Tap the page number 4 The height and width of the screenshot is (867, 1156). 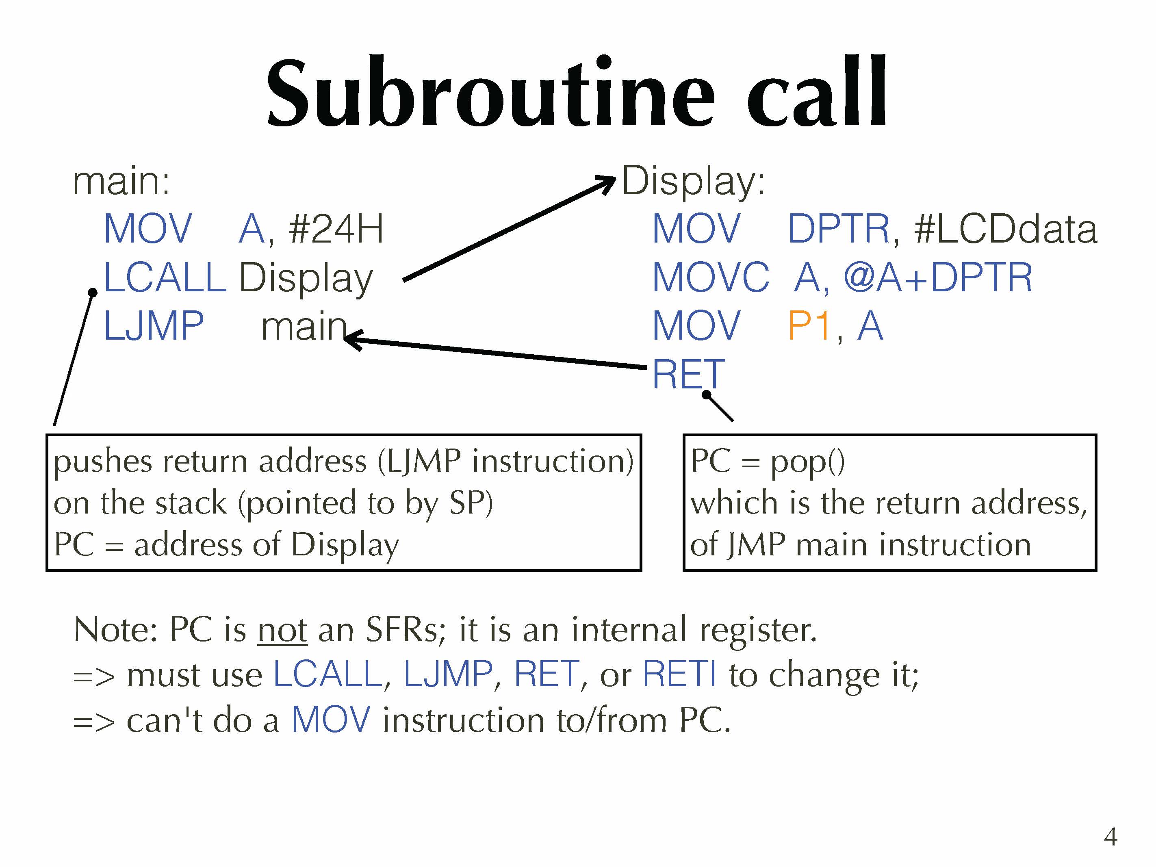[1110, 837]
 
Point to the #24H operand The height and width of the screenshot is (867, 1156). [336, 229]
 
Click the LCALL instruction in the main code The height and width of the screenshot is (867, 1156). [165, 277]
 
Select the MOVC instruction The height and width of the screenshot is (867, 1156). [711, 277]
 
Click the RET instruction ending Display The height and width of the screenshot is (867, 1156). [688, 374]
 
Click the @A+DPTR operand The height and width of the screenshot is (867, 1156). [938, 277]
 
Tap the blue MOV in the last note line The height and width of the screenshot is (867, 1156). [330, 720]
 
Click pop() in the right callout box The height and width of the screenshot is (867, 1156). [807, 462]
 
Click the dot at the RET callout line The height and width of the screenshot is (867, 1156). [707, 394]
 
